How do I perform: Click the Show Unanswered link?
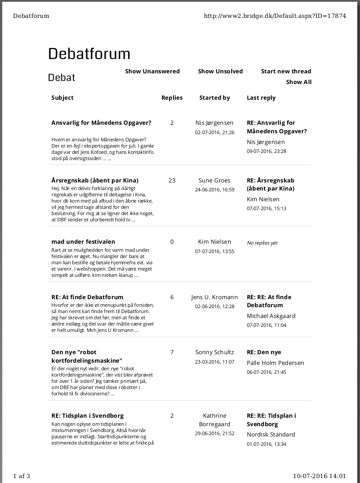click(x=152, y=71)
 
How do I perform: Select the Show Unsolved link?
click(x=220, y=71)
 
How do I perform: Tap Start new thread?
click(x=286, y=71)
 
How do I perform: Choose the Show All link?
click(x=299, y=82)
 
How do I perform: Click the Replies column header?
click(x=172, y=97)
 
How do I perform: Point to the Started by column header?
click(x=215, y=97)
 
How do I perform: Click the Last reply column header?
click(x=261, y=97)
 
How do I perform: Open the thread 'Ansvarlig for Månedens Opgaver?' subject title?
click(x=101, y=123)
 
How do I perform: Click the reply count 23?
click(x=172, y=180)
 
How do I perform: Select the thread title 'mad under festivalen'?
click(x=83, y=241)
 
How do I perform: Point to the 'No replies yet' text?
click(x=262, y=243)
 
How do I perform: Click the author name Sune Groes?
click(x=215, y=180)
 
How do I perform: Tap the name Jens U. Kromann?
click(x=215, y=297)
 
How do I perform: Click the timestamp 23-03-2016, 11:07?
click(x=215, y=362)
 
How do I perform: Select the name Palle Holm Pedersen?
click(x=275, y=363)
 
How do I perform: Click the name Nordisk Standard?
click(x=271, y=434)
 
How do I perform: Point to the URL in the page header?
click(x=275, y=16)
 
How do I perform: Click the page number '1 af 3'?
click(x=21, y=475)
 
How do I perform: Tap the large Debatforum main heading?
click(x=89, y=54)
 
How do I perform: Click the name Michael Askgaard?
click(x=271, y=316)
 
